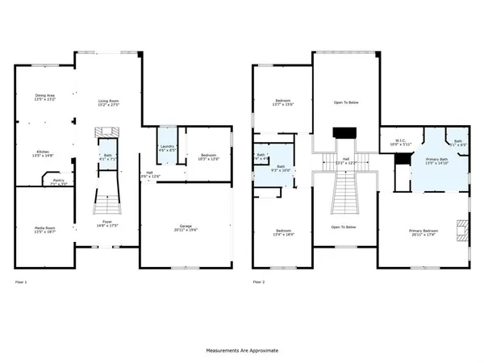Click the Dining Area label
point(45,98)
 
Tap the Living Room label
point(108,102)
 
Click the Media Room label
point(45,229)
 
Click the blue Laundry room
point(167,145)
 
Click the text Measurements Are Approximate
point(242,351)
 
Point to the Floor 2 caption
point(258,282)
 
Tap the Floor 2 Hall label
point(345,161)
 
